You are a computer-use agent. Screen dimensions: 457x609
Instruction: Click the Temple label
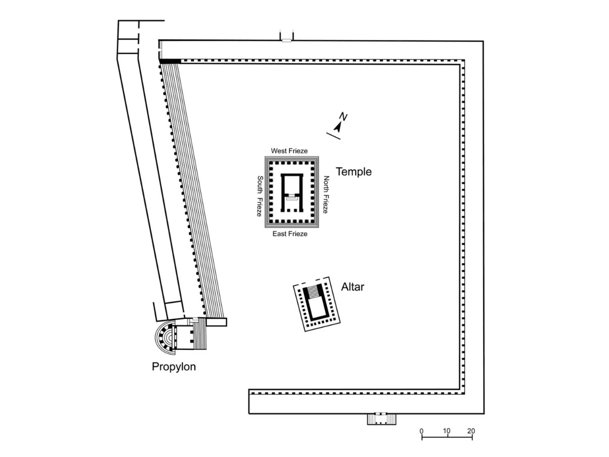point(354,172)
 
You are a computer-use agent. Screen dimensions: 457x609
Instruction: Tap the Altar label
point(353,287)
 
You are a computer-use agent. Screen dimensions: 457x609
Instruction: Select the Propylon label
point(174,366)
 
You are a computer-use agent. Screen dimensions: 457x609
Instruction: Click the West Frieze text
point(290,151)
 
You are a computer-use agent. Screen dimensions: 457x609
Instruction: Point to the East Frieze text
point(290,234)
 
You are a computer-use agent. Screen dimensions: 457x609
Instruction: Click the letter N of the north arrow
point(344,117)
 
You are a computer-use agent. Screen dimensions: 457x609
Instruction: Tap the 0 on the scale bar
point(421,431)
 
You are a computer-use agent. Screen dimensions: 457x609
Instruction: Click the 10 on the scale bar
point(447,431)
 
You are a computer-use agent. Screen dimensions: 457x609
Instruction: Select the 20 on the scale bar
point(471,431)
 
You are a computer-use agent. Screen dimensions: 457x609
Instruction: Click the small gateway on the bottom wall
point(381,419)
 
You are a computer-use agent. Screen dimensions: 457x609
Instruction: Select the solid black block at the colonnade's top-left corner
point(170,61)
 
